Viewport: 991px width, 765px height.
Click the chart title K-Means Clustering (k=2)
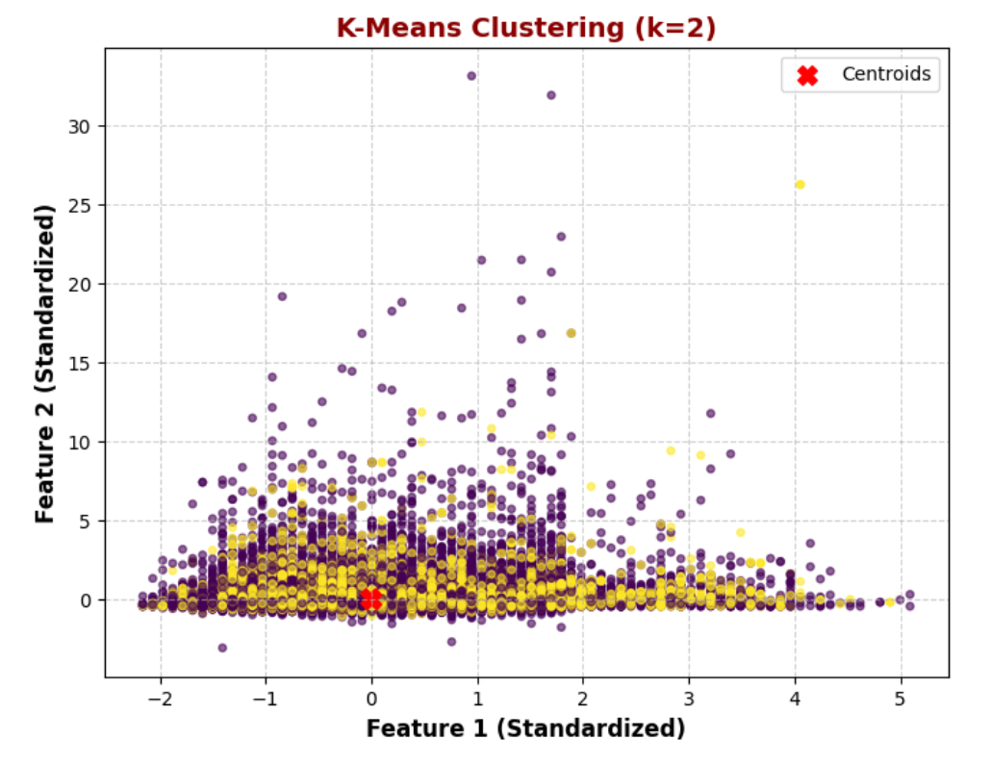pos(525,28)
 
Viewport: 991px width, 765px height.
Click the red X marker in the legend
pos(807,75)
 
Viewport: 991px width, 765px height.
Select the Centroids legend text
pos(886,75)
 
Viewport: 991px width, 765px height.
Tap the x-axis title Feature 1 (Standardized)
pos(525,728)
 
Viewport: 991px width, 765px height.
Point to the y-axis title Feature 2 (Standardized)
pos(45,363)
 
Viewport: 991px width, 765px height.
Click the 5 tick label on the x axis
pos(901,698)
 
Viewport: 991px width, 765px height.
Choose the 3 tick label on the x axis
pos(689,698)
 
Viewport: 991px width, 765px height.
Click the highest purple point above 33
pos(471,75)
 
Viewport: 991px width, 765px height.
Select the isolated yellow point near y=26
pos(800,185)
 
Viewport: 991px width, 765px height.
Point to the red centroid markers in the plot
pos(371,599)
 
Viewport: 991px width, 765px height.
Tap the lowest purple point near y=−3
pos(222,648)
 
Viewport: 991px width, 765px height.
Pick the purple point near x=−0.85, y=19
pos(282,296)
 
